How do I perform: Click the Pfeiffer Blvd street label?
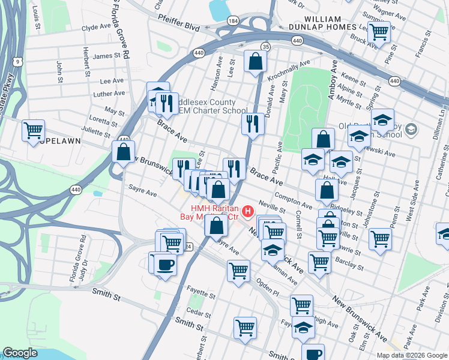pyautogui.click(x=179, y=27)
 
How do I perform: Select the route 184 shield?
pyautogui.click(x=232, y=21)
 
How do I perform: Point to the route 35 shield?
pyautogui.click(x=266, y=46)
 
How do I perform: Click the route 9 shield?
pyautogui.click(x=19, y=61)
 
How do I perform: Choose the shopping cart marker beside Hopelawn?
pyautogui.click(x=34, y=130)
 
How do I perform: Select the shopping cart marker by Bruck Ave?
pyautogui.click(x=379, y=32)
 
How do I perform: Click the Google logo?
pyautogui.click(x=20, y=353)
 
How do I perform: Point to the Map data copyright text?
pyautogui.click(x=411, y=355)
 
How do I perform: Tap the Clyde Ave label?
pyautogui.click(x=98, y=28)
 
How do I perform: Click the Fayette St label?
pyautogui.click(x=200, y=296)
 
